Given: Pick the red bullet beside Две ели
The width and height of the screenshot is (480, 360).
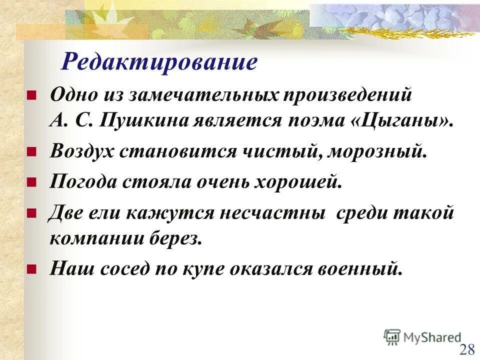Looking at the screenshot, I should (30, 213).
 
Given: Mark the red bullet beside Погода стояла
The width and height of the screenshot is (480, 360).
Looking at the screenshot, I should (30, 183).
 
